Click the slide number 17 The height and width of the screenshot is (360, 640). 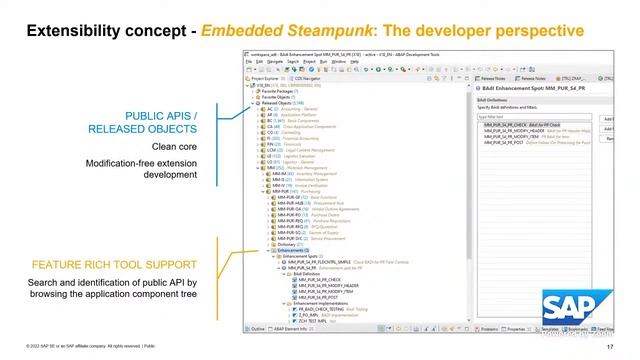coord(623,346)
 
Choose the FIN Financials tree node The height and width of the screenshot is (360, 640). coord(270,144)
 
